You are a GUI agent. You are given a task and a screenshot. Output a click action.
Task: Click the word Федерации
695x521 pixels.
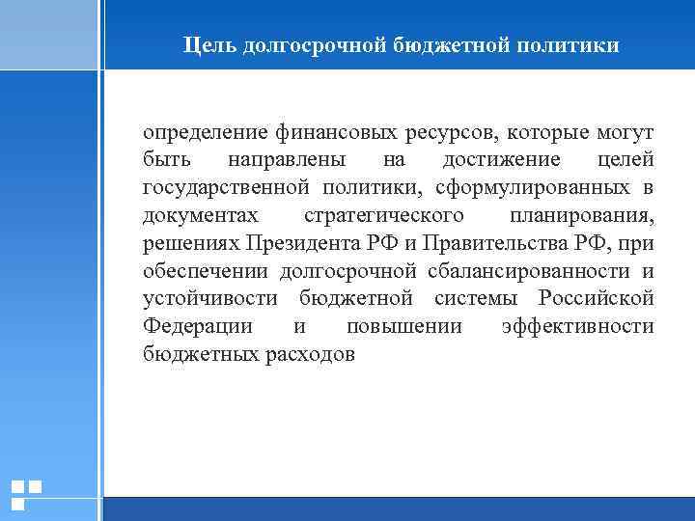tap(198, 326)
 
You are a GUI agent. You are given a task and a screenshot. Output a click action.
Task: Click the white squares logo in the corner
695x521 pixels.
tap(26, 494)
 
